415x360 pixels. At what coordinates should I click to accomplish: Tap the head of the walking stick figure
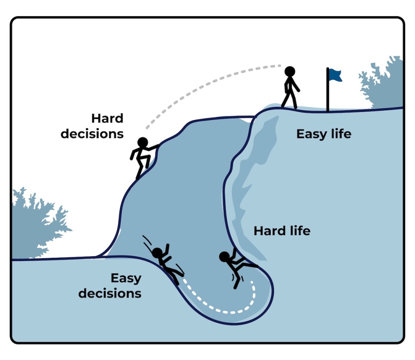(x=289, y=72)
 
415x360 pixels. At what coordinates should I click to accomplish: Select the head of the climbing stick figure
(x=142, y=142)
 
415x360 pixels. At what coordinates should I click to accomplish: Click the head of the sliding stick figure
(x=157, y=253)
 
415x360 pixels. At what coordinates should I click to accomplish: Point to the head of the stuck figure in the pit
(x=224, y=257)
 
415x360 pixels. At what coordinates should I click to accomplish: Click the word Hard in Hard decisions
(x=107, y=119)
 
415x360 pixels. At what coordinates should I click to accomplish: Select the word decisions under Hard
(x=92, y=133)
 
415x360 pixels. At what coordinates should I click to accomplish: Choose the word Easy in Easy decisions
(x=126, y=279)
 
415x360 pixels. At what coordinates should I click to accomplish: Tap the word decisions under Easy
(x=110, y=293)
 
